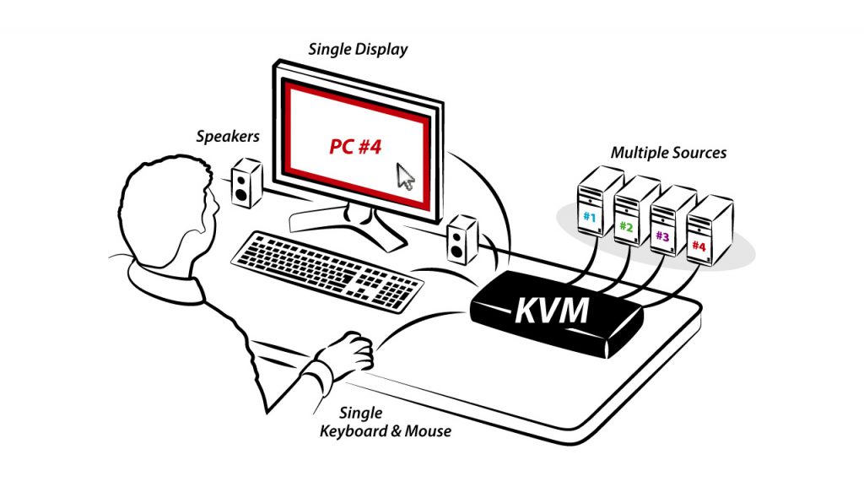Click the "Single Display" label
(x=358, y=49)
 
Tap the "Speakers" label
(x=227, y=135)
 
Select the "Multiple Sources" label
(x=668, y=154)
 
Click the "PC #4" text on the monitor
(x=355, y=147)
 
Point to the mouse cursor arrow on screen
(x=406, y=177)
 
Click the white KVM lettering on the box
(x=552, y=310)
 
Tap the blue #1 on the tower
(x=588, y=217)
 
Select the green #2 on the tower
(x=625, y=226)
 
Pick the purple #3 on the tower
(x=662, y=236)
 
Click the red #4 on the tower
(x=699, y=246)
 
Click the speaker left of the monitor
(x=245, y=183)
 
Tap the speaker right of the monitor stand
(x=461, y=239)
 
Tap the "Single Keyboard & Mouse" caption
(x=384, y=422)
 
